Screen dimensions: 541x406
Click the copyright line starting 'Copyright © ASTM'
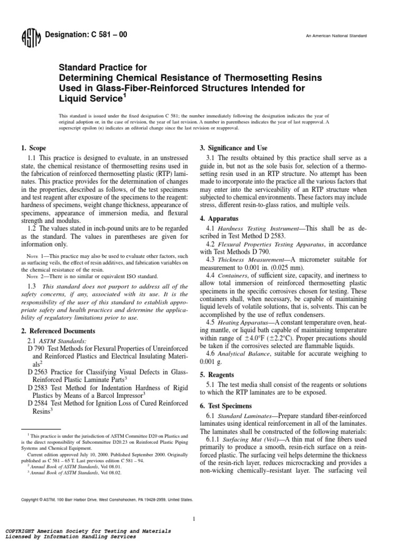pyautogui.click(x=106, y=499)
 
